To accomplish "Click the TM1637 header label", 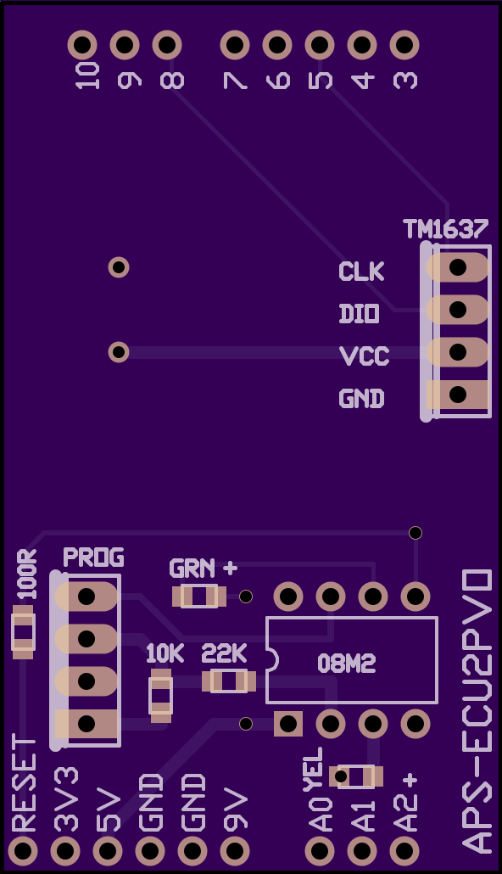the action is [445, 228].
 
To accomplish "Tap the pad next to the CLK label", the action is [457, 267].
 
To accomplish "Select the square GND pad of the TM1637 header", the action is [457, 395].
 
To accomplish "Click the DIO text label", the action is [360, 314].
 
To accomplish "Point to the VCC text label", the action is [364, 356].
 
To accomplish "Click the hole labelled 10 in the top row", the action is [82, 45].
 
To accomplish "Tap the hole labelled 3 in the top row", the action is [404, 45].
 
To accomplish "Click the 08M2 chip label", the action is [347, 664].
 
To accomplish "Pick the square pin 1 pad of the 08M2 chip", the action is [288, 724].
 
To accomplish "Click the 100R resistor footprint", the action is [24, 633].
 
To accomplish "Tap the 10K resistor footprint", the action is [161, 696].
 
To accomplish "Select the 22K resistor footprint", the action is [229, 681].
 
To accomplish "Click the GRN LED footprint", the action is [199, 597].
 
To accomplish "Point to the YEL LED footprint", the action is [356, 776].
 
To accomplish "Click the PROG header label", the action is [93, 557].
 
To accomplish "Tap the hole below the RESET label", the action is [24, 850].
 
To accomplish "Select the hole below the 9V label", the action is [235, 850].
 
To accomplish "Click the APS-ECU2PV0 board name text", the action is [477, 711].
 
